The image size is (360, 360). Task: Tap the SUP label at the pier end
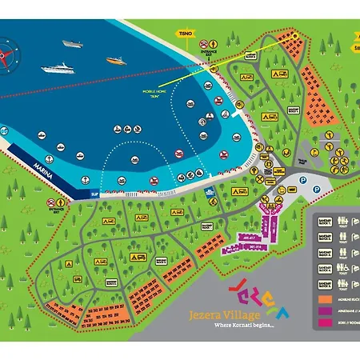tap(94, 194)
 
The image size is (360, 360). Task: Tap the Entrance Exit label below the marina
tap(55, 210)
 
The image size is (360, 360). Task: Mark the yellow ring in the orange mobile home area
tap(292, 37)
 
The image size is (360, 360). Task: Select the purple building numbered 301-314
tap(258, 247)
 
